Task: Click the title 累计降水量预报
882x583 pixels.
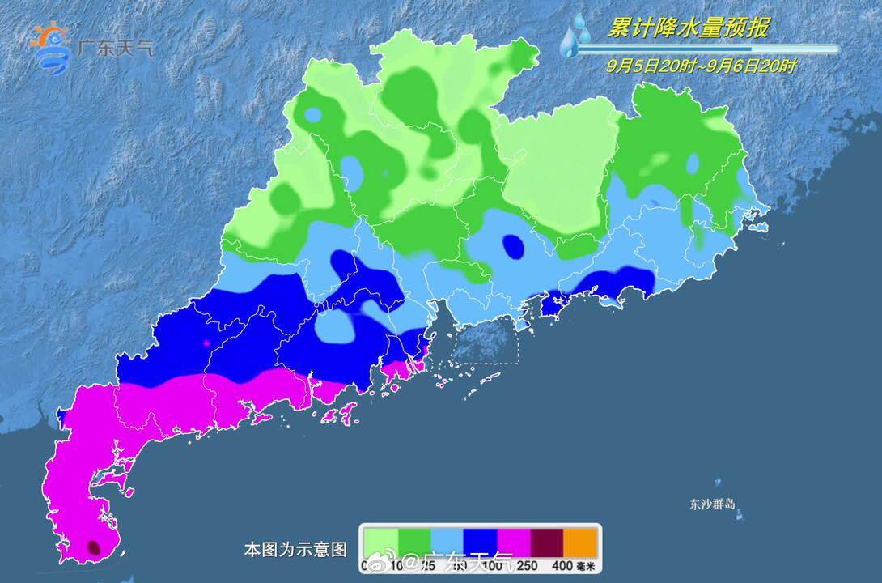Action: (687, 29)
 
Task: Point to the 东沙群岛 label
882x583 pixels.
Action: (713, 504)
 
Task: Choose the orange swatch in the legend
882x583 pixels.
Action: (580, 540)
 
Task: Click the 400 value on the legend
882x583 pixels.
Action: (563, 564)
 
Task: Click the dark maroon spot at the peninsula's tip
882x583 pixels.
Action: (94, 548)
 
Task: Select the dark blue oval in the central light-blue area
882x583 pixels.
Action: (512, 245)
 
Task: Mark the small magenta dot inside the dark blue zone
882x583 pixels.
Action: (206, 343)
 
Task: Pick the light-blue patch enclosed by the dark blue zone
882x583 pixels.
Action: (337, 327)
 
